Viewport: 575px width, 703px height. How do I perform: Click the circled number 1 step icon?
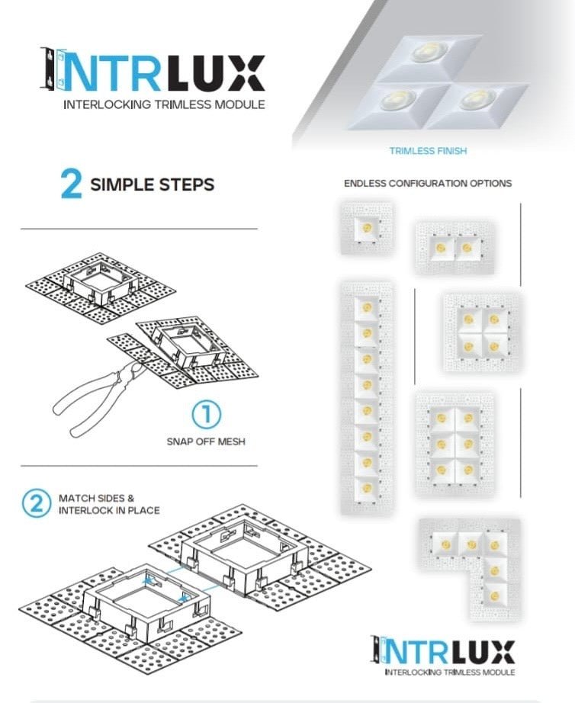tap(206, 415)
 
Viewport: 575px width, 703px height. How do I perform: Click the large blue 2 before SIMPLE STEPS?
tap(71, 185)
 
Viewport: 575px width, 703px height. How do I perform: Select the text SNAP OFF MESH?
tap(206, 441)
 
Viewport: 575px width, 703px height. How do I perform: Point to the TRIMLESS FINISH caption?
tap(428, 151)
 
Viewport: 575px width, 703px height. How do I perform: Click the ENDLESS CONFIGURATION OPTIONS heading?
tap(428, 184)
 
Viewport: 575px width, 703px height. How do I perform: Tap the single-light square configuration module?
tap(367, 228)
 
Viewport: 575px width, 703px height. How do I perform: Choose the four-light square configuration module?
tap(482, 332)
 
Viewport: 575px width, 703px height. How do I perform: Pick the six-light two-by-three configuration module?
tap(455, 443)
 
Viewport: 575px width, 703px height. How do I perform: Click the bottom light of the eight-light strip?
tap(367, 487)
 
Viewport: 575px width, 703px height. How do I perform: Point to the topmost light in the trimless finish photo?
tap(426, 53)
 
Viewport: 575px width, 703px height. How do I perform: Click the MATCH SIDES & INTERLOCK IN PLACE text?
tap(108, 504)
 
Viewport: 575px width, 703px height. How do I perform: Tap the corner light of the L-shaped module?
tap(496, 544)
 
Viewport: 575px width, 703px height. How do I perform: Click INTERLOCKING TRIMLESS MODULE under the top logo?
tap(164, 104)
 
